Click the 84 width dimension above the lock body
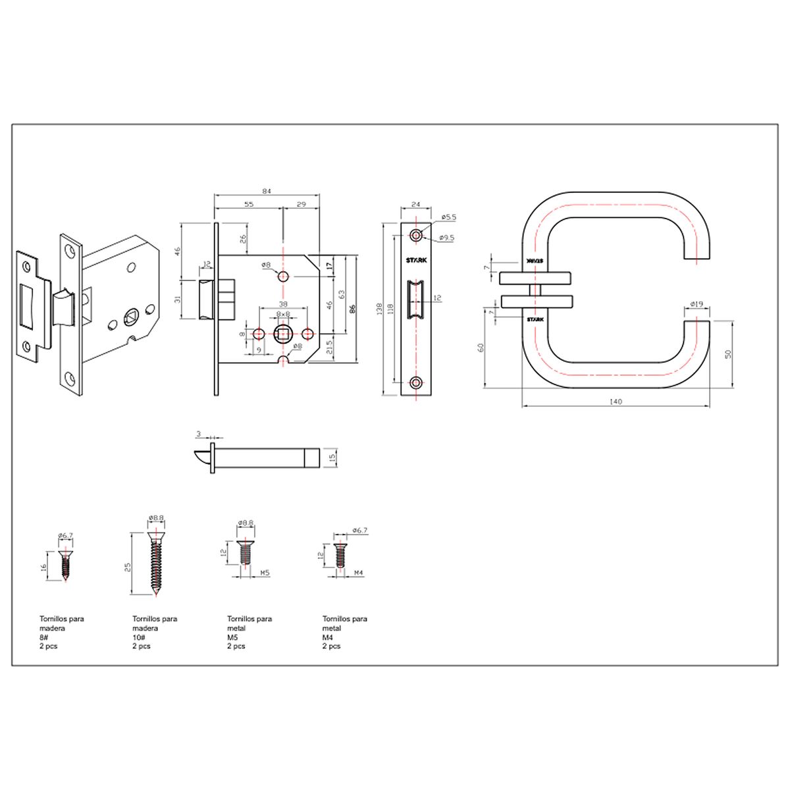coord(267,191)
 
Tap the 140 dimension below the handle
coord(616,401)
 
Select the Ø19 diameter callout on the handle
coord(697,304)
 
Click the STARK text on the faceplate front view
coord(416,259)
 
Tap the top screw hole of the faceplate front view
coord(415,234)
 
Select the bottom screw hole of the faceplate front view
coord(415,382)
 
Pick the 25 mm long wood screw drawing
coord(155,566)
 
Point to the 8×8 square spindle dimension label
coord(283,315)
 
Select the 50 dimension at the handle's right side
coord(727,354)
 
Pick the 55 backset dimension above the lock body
coord(249,205)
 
